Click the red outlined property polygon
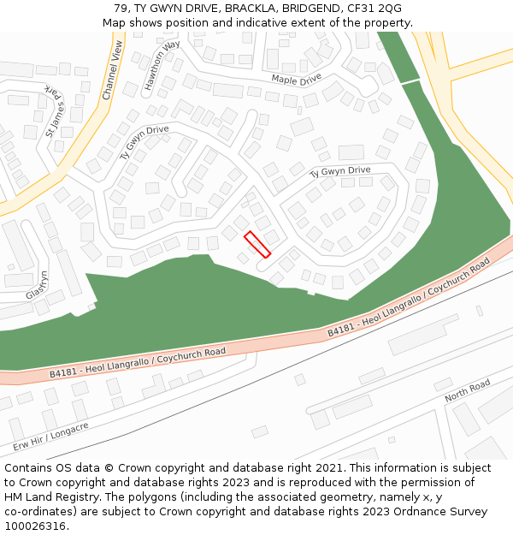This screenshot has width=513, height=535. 257,244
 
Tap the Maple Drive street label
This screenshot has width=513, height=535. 296,79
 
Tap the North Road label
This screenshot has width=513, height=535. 467,392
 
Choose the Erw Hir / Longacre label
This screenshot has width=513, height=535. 50,437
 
